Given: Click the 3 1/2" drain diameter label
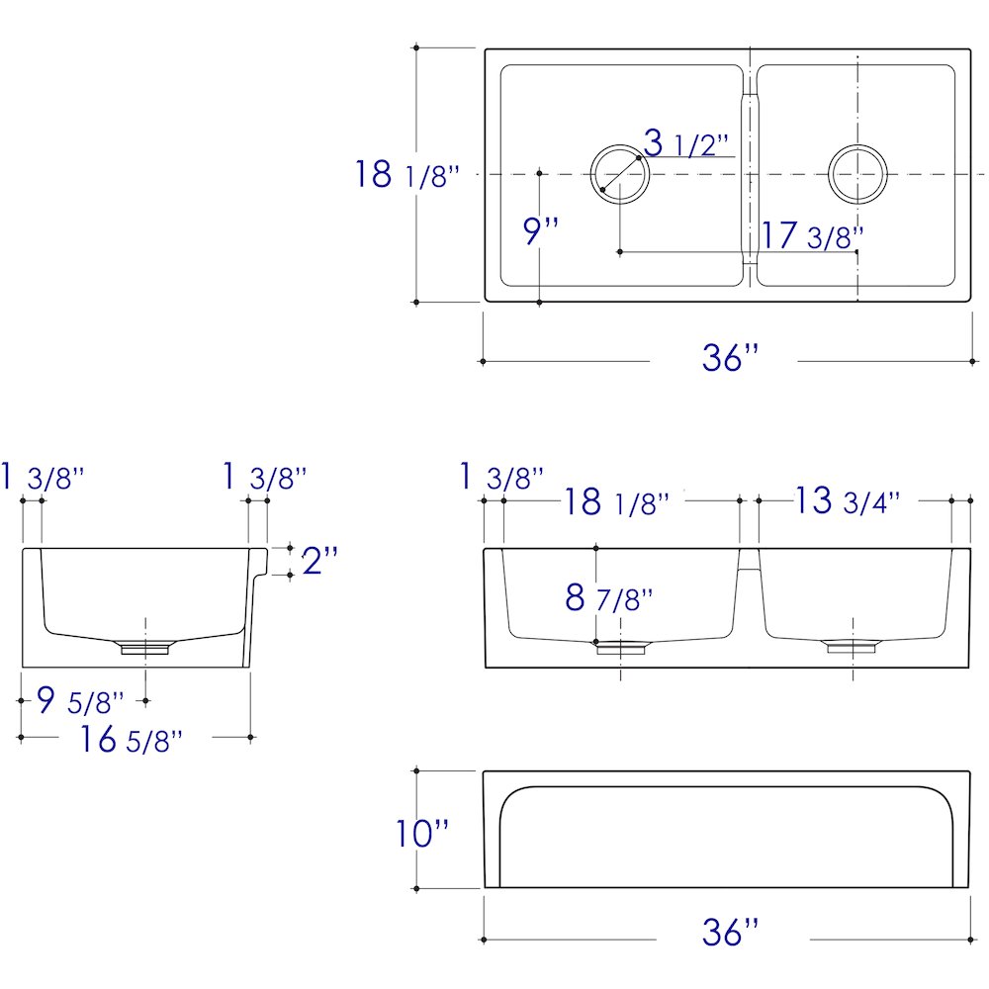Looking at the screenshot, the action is pos(686,143).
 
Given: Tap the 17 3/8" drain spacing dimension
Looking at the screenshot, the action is pos(812,235).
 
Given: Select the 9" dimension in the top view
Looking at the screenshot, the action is pos(541,230).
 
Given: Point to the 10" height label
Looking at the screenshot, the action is pos(422,833).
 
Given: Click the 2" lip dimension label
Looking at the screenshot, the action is pos(319,560).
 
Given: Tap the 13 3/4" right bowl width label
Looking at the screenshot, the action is pos(847,500).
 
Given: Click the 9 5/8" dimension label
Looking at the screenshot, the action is pos(80,700).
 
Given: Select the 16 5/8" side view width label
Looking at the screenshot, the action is pos(132,739).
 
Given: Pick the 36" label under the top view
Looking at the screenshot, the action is pos(731,357).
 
